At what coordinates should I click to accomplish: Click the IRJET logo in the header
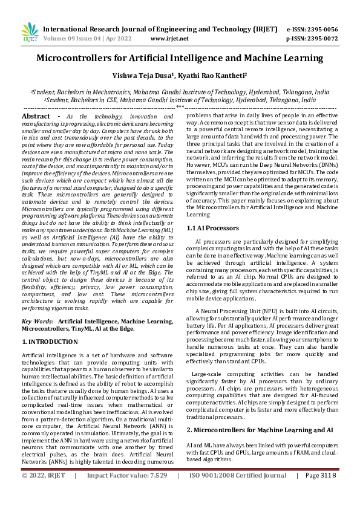[29, 32]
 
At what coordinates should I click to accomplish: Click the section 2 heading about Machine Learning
[260, 430]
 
